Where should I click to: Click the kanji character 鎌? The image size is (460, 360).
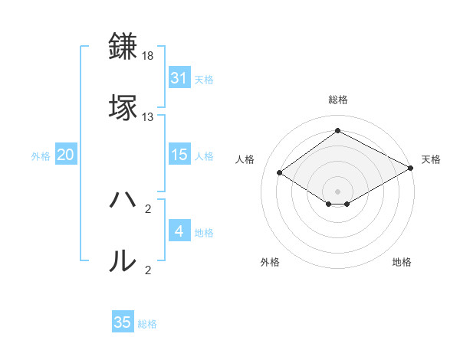[x=124, y=47]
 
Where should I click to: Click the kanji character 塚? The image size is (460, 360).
[x=124, y=107]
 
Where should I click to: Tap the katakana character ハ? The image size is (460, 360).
[x=124, y=201]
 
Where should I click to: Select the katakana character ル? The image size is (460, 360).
[x=124, y=261]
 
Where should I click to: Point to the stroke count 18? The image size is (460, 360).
[x=148, y=57]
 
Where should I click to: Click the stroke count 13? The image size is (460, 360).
[x=148, y=117]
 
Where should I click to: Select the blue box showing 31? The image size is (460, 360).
[x=179, y=78]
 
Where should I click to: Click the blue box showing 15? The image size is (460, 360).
[x=179, y=155]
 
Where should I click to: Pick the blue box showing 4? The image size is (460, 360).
[x=179, y=231]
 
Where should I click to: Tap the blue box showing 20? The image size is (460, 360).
[x=66, y=155]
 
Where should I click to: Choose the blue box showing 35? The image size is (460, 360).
[x=123, y=322]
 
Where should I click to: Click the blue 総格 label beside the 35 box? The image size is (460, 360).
[x=148, y=324]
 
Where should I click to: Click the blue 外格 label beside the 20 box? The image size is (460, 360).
[x=41, y=156]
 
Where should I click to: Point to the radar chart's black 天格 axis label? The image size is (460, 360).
[x=431, y=159]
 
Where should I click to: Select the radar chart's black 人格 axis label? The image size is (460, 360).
[x=245, y=159]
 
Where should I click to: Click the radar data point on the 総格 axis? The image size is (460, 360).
[x=337, y=131]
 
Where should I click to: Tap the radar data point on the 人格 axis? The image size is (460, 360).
[x=280, y=173]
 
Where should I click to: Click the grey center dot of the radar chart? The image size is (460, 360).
[x=337, y=191]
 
